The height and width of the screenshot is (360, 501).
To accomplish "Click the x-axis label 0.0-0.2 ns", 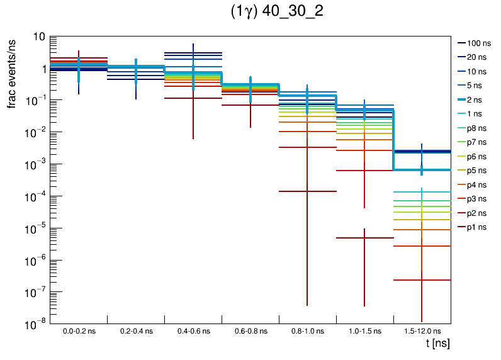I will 79,330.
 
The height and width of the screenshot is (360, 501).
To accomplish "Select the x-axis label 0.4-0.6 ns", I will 193,330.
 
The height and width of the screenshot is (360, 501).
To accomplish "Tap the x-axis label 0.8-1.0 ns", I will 307,330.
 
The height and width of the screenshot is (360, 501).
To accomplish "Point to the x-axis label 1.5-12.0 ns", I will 422,330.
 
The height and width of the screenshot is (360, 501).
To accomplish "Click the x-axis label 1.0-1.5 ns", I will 364,330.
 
